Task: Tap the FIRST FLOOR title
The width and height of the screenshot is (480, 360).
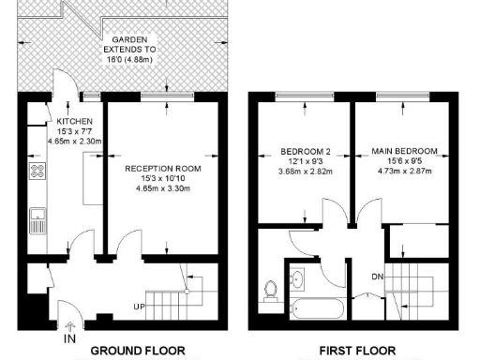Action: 357,351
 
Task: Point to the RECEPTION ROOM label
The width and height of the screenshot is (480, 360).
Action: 157,169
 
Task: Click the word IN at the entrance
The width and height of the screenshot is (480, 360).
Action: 69,338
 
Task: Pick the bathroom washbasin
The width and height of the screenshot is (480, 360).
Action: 297,277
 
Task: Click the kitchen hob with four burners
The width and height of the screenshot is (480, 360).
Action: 38,171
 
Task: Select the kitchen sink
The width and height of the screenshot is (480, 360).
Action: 38,221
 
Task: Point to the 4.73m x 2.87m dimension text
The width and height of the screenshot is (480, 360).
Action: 404,172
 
